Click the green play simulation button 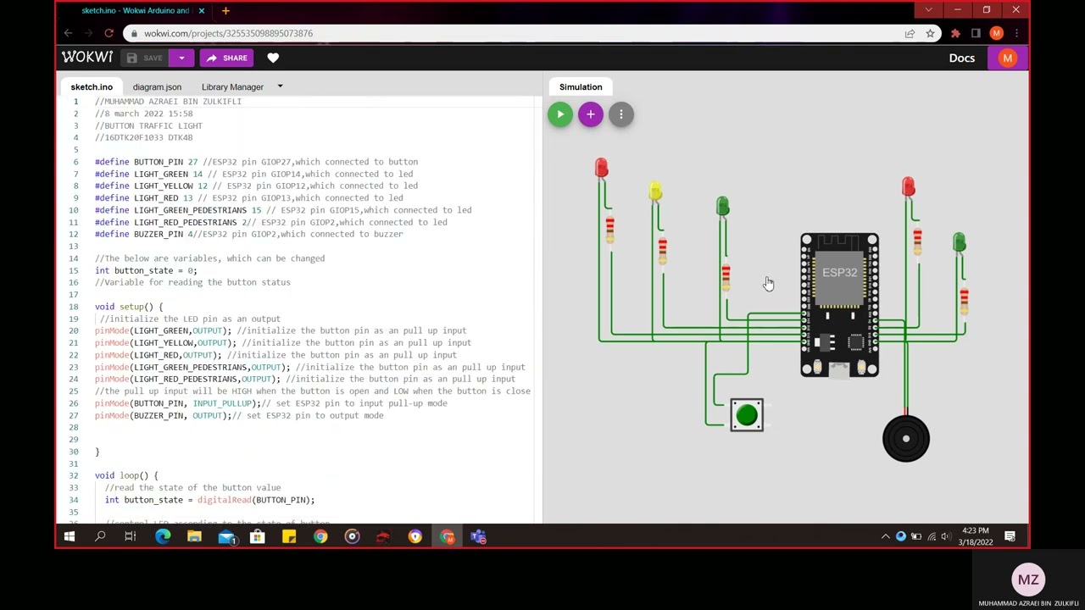[x=559, y=114]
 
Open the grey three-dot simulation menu [x=620, y=114]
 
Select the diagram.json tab [x=157, y=86]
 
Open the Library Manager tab [x=232, y=86]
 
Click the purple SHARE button [x=225, y=58]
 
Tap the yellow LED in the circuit [x=655, y=191]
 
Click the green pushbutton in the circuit [x=747, y=414]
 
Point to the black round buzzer [x=905, y=438]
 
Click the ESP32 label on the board [x=839, y=272]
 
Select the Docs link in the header [x=961, y=58]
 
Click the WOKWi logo [x=86, y=58]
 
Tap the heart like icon [x=273, y=58]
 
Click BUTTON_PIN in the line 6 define [x=159, y=162]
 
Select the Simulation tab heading [x=581, y=86]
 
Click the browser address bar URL [x=228, y=33]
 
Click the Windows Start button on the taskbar [x=70, y=536]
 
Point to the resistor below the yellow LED [x=662, y=250]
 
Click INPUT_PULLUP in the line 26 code [x=222, y=403]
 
